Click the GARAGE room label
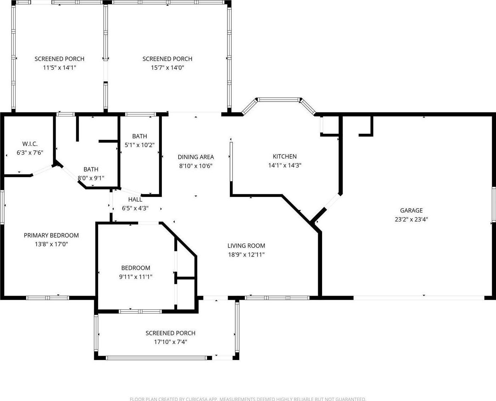(x=411, y=210)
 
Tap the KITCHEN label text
(x=284, y=156)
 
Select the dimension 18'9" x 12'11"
(x=246, y=255)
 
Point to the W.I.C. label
(x=30, y=144)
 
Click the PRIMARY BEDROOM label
(x=51, y=235)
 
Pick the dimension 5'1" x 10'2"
(x=140, y=145)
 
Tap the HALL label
(x=135, y=199)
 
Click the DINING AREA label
(x=196, y=157)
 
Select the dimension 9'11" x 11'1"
(x=136, y=277)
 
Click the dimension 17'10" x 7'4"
(x=170, y=342)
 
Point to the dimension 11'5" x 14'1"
(x=60, y=68)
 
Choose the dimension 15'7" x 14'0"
(x=168, y=68)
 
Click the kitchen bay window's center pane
(x=279, y=100)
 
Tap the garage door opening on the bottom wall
(x=419, y=298)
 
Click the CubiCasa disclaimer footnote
(x=248, y=399)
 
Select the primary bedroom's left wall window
(x=2, y=207)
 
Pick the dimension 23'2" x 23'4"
(x=411, y=219)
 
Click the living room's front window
(x=277, y=298)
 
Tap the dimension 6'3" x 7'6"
(x=30, y=153)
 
